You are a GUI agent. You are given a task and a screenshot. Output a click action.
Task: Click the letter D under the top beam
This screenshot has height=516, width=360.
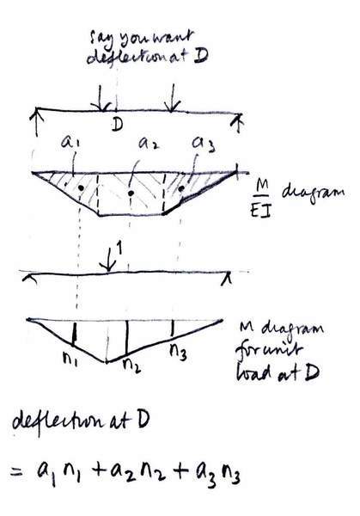point(117,125)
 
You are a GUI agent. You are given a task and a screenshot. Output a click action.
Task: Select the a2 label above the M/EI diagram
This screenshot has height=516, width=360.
point(149,143)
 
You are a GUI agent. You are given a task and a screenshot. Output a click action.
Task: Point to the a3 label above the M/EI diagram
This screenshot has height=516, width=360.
point(204,144)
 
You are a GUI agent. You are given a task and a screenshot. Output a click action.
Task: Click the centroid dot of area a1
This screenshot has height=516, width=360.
point(81,187)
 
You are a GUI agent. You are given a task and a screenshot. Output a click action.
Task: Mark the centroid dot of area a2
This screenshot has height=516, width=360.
point(131,193)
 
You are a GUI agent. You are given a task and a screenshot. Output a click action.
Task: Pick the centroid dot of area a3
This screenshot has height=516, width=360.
point(181,188)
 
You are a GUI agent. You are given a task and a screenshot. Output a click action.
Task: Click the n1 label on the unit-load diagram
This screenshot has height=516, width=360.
point(70,358)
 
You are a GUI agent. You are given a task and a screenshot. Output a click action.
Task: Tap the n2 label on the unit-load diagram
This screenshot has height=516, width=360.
point(131,365)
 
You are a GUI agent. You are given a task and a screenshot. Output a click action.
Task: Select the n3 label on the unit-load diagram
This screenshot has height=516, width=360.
point(179,353)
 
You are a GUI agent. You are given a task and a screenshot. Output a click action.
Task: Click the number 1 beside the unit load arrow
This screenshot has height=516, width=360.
point(119,249)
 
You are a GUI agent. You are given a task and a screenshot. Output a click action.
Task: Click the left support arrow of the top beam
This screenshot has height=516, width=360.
point(37,122)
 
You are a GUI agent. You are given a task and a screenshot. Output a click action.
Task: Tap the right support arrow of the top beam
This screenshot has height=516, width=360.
point(239,123)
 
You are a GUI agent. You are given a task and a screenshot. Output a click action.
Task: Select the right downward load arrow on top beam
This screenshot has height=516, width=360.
point(171,98)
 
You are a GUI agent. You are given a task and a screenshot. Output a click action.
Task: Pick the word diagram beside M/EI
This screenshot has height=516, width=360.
point(314,192)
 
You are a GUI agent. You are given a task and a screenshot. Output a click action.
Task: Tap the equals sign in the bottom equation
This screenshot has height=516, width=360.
point(17,474)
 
